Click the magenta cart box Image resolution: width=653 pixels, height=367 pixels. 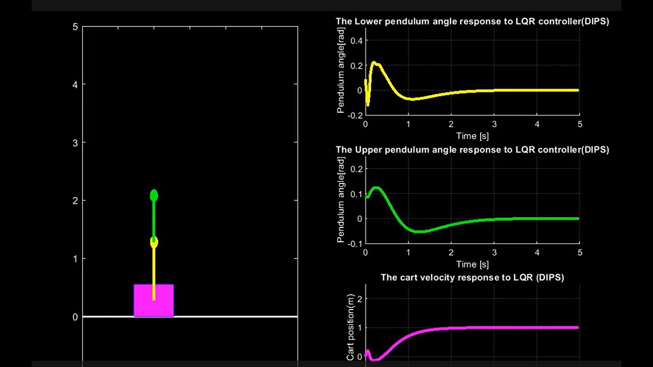(x=154, y=301)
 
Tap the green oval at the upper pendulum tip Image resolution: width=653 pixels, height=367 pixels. (x=154, y=196)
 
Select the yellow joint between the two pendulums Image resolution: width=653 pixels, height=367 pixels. (x=154, y=243)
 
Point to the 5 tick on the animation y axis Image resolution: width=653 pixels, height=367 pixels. (x=75, y=27)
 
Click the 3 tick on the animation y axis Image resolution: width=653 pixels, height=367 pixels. (x=75, y=143)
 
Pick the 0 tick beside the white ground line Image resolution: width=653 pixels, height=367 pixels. (x=75, y=317)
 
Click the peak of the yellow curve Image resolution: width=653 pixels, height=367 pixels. (x=374, y=63)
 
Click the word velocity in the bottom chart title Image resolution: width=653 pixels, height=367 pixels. (x=437, y=278)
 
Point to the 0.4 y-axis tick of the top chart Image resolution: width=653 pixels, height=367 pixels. (x=356, y=40)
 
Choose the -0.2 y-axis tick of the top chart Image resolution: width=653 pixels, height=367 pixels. (x=355, y=116)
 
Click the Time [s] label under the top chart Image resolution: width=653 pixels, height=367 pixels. (x=472, y=136)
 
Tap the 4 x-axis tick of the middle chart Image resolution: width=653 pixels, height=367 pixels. (x=537, y=253)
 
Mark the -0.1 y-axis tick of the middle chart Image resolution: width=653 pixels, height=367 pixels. (x=355, y=244)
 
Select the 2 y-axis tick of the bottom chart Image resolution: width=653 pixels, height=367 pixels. (x=359, y=299)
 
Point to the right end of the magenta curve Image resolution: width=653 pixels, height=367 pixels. (x=578, y=327)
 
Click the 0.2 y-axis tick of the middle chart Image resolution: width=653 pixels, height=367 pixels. (x=356, y=169)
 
